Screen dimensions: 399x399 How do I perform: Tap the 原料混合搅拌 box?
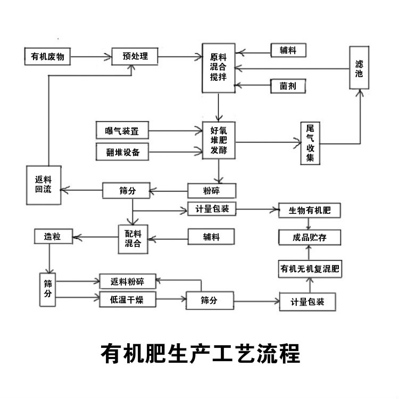pyautogui.click(x=218, y=67)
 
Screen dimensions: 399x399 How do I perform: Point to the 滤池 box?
pyautogui.click(x=359, y=68)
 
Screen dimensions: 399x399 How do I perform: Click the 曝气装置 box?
pyautogui.click(x=122, y=130)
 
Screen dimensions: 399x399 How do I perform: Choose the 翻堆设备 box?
pyautogui.click(x=122, y=152)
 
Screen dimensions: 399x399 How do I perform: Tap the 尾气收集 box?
pyautogui.click(x=310, y=143)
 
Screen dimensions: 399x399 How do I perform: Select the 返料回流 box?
pyautogui.click(x=43, y=184)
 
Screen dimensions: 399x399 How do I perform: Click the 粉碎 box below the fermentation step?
pyautogui.click(x=211, y=190)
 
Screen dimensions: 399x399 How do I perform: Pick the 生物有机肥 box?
pyautogui.click(x=310, y=210)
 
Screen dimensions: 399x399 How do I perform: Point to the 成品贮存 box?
pyautogui.click(x=310, y=237)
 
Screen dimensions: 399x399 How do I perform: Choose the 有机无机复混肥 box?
pyautogui.click(x=310, y=269)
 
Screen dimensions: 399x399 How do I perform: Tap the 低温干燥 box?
pyautogui.click(x=128, y=300)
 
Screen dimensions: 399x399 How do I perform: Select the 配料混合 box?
pyautogui.click(x=133, y=237)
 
